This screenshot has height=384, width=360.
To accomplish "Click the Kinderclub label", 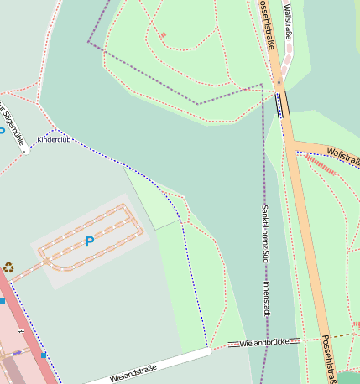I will [54, 139].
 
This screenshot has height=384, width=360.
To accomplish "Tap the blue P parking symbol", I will [89, 241].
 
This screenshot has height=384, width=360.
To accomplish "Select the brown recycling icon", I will [8, 267].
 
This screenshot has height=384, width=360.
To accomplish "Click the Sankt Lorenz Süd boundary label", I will [264, 231].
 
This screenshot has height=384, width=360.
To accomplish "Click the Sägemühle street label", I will [12, 126].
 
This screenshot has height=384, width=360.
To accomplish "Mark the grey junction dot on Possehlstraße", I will [279, 83].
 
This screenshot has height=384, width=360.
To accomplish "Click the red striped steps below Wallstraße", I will [320, 165].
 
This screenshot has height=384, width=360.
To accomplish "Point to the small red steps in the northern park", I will [162, 35].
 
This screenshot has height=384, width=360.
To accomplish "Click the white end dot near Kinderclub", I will [25, 153].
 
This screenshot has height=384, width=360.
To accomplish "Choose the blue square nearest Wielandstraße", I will [44, 355].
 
